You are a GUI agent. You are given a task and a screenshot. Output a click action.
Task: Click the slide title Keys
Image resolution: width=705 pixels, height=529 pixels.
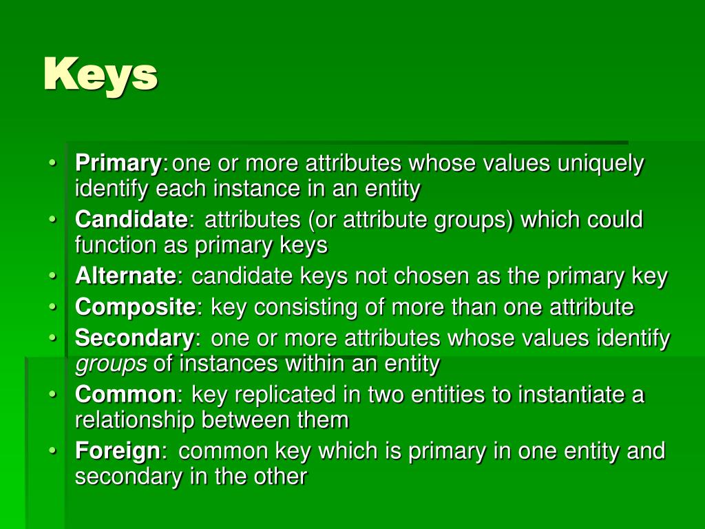click(x=101, y=74)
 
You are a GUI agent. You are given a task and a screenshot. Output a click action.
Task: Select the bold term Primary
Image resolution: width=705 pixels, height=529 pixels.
click(x=118, y=164)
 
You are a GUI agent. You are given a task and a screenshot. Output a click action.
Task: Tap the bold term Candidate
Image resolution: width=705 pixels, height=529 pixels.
click(x=131, y=220)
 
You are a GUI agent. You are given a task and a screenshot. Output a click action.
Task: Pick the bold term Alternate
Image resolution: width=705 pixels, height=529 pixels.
click(x=125, y=276)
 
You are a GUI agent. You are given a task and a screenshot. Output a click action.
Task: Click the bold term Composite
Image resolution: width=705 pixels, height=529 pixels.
click(x=135, y=307)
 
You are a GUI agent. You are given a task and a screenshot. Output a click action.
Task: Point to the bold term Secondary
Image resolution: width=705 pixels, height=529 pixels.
click(x=134, y=338)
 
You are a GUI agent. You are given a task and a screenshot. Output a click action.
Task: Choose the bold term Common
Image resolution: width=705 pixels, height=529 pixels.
click(x=125, y=395)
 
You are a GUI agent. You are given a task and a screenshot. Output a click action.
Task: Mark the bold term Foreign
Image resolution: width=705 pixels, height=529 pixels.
click(x=117, y=451)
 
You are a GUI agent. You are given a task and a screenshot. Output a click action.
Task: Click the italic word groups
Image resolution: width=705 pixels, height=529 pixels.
click(x=111, y=364)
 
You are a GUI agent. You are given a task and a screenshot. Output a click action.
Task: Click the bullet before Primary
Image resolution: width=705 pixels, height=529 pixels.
click(x=53, y=164)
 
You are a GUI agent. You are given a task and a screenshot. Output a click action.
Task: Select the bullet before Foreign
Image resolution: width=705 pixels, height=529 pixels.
click(x=53, y=451)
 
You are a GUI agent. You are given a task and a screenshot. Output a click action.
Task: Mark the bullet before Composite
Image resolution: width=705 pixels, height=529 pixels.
click(x=53, y=307)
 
